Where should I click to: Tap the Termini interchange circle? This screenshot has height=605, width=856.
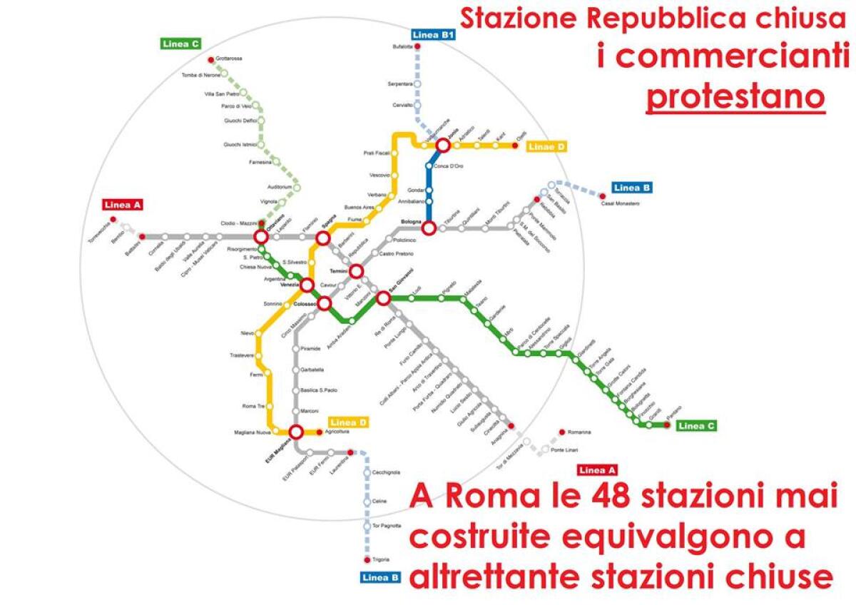(x=356, y=271)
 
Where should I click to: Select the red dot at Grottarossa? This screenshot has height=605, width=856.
(x=210, y=59)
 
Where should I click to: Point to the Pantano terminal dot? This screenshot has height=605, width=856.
(x=666, y=425)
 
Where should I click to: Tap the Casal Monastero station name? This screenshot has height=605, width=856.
(x=621, y=204)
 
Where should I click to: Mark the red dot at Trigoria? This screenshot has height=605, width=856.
(x=367, y=560)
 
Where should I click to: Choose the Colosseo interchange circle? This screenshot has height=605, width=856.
(x=324, y=304)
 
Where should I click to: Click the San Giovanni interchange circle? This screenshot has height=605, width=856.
(x=383, y=298)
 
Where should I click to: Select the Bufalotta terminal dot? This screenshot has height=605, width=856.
(x=417, y=47)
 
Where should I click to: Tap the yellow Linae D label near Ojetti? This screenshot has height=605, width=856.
(x=547, y=147)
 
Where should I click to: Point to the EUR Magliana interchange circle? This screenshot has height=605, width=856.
(x=296, y=431)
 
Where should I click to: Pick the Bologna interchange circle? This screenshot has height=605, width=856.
(x=429, y=228)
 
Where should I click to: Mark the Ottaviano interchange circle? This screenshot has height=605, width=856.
(x=261, y=236)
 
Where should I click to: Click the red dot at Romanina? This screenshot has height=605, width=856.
(x=562, y=432)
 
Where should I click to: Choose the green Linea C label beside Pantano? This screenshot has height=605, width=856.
(x=696, y=426)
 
